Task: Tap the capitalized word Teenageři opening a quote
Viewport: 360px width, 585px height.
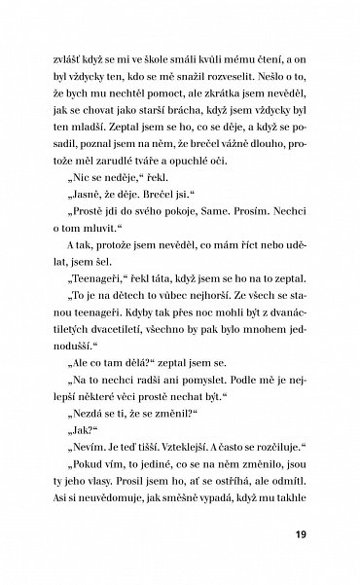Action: pos(100,295)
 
